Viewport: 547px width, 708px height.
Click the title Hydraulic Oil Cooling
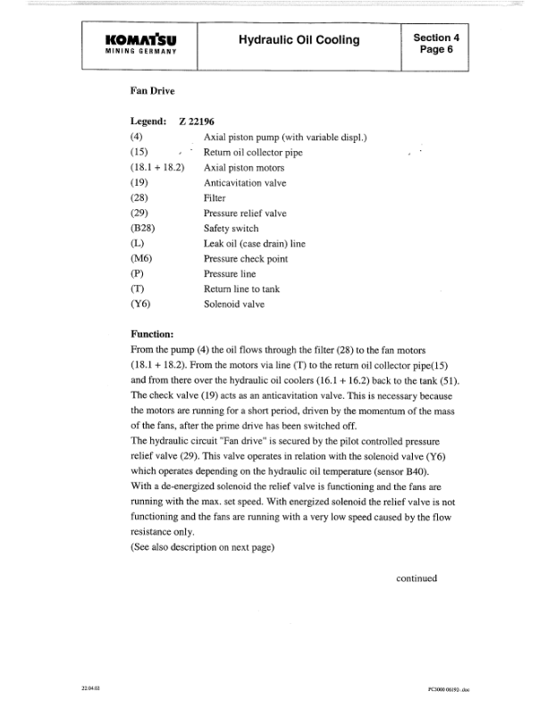(x=299, y=39)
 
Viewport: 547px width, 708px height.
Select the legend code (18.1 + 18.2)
(x=156, y=167)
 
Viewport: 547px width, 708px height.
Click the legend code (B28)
(x=143, y=228)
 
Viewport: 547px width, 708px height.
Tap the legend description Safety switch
(x=231, y=228)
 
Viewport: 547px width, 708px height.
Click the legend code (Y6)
(x=140, y=304)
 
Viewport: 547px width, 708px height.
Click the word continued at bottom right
(x=417, y=577)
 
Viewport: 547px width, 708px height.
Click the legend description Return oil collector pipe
(x=253, y=152)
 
